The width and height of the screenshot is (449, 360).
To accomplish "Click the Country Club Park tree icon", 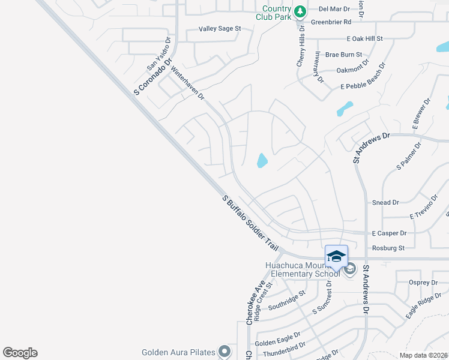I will [x=300, y=11].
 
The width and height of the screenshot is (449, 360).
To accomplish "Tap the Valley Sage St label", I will [x=220, y=28].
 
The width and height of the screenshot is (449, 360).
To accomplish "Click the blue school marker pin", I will [x=336, y=257].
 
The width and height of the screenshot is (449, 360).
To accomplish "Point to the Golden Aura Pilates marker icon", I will [x=224, y=352].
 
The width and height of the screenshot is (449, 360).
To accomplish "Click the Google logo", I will [x=20, y=353].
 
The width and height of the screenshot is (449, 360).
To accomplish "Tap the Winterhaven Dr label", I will [x=188, y=83].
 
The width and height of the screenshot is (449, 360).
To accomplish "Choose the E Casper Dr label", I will [x=389, y=233].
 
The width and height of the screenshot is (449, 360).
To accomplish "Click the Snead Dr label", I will [x=386, y=203].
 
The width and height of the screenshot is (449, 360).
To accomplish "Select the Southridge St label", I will [x=287, y=301].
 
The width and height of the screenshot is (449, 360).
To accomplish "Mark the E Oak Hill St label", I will [x=364, y=38].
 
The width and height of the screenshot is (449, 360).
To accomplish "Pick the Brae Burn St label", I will [x=342, y=54].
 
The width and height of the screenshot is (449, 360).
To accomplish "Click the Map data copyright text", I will [x=424, y=355].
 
